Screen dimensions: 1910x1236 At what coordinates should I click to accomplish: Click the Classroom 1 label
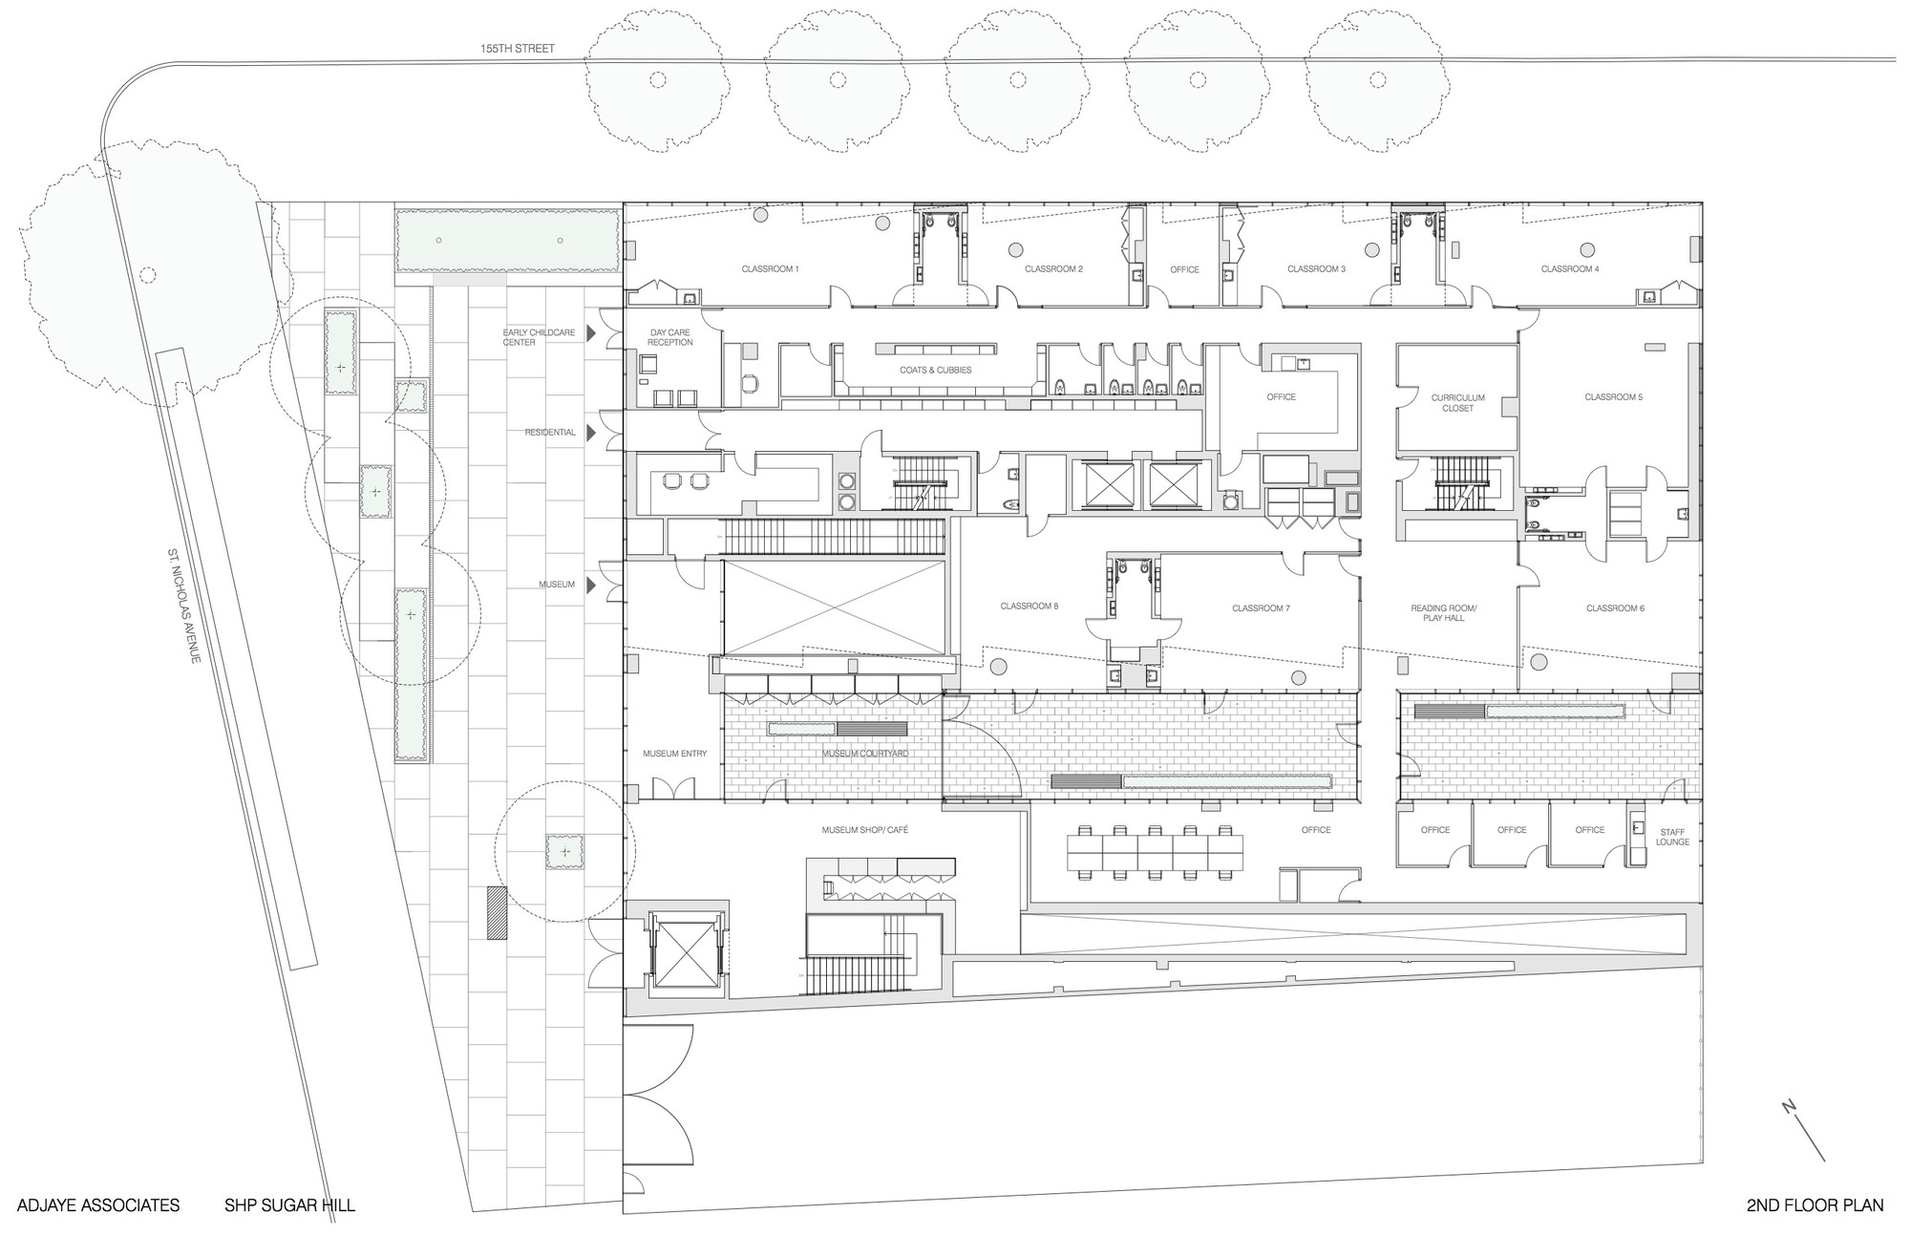coord(770,269)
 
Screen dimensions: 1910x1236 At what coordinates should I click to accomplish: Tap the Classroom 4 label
coord(1570,269)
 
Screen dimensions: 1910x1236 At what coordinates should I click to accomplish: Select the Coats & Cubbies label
coord(935,371)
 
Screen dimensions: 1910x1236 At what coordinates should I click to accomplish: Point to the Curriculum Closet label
coord(1457,403)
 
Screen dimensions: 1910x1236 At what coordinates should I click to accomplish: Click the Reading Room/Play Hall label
coord(1444,613)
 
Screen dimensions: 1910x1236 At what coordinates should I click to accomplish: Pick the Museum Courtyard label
coord(865,755)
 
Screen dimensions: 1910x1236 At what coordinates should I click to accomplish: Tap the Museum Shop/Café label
coord(865,830)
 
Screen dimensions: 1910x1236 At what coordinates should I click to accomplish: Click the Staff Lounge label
coord(1672,837)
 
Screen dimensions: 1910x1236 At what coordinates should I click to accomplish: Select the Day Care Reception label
coord(669,337)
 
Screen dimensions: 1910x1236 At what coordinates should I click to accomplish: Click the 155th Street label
coord(518,49)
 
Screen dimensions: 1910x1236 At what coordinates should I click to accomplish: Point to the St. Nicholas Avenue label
coord(183,607)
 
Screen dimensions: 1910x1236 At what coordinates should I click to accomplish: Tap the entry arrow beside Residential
coord(591,433)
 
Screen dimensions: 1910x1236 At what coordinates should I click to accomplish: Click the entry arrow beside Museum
coord(591,585)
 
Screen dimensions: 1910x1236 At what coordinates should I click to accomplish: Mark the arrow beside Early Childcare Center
coord(591,333)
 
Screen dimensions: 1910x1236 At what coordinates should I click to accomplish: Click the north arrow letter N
coord(1789,1107)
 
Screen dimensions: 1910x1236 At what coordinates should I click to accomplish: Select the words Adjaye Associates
coord(98,1205)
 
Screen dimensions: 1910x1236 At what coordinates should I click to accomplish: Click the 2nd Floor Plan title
coord(1815,1205)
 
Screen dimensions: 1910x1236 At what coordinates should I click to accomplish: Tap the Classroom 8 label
coord(1029,607)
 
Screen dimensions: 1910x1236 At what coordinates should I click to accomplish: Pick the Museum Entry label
coord(674,755)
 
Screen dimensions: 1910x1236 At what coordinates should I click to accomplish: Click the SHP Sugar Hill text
coord(289,1205)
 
